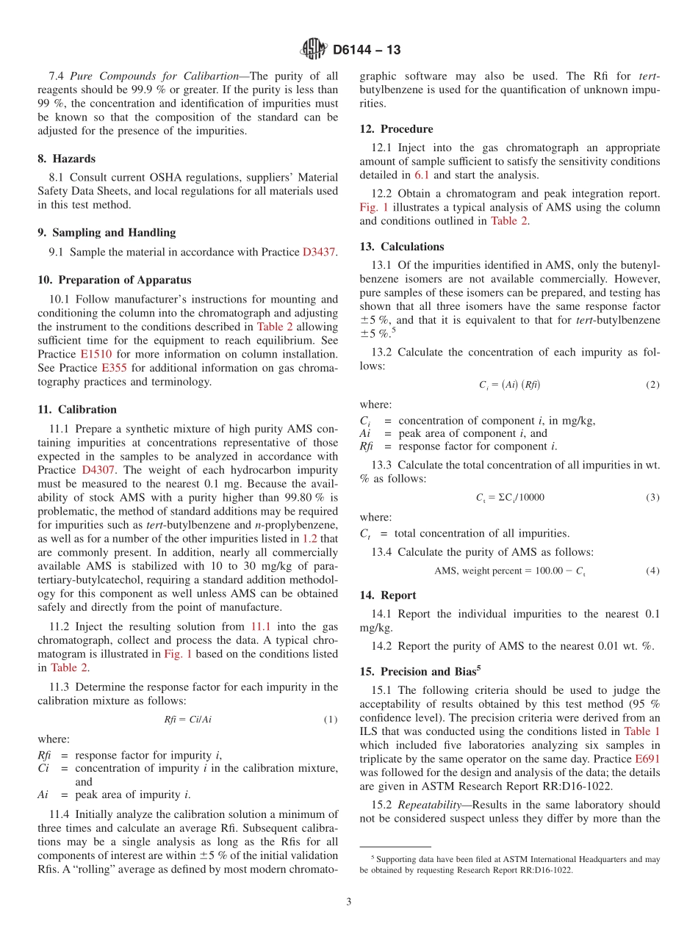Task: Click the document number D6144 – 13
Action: click(367, 50)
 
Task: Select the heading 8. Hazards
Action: click(66, 159)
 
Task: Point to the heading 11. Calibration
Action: click(77, 410)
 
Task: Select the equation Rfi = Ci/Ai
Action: click(186, 720)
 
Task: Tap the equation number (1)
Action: click(331, 720)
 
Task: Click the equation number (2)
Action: click(652, 385)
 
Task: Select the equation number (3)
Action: click(652, 497)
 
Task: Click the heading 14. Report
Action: click(388, 595)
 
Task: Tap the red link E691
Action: click(647, 759)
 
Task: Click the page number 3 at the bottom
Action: click(349, 902)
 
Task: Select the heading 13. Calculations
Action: click(402, 247)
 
